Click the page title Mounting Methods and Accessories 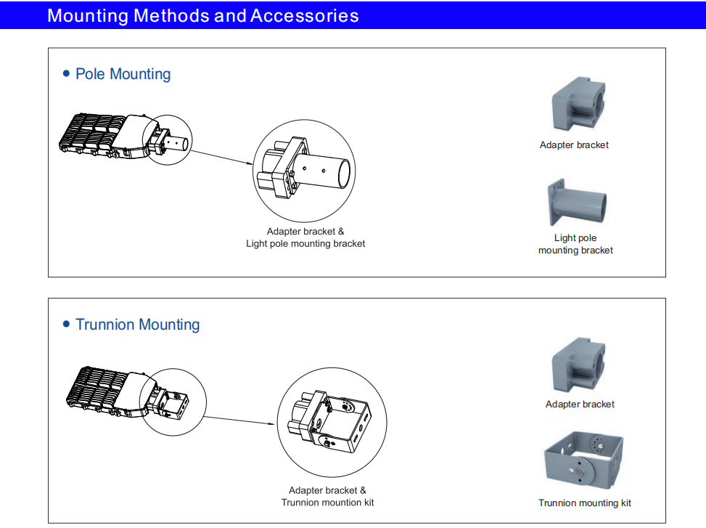(x=202, y=15)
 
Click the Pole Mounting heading (x=123, y=74)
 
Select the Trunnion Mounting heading (x=137, y=325)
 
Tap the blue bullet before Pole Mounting (x=67, y=74)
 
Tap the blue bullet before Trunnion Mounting (x=67, y=325)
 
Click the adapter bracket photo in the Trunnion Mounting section (x=578, y=365)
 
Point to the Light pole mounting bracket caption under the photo (x=575, y=244)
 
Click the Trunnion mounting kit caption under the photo (x=585, y=503)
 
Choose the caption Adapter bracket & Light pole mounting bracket (x=305, y=237)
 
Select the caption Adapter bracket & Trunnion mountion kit (x=328, y=497)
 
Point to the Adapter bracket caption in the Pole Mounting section (x=574, y=145)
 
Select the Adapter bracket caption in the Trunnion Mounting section (x=580, y=405)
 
